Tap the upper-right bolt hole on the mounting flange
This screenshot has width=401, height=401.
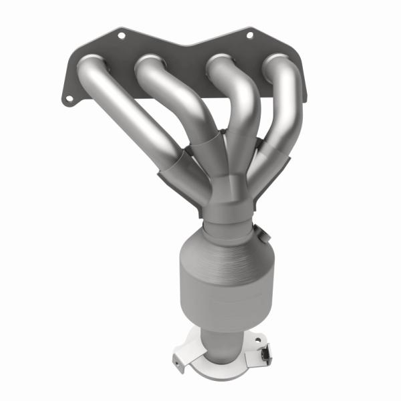click(250, 35)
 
